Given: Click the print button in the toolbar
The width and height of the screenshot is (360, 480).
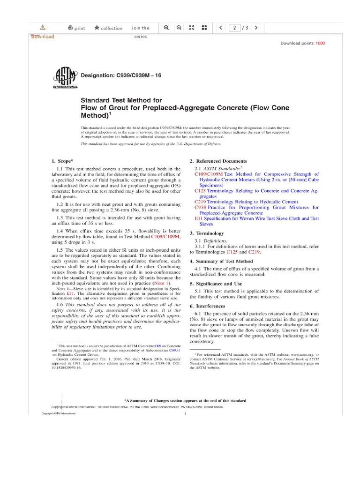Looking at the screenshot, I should pos(76,28).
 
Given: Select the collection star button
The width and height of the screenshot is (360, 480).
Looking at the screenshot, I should pos(108,28).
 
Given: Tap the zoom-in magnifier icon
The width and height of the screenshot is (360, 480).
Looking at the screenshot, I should pos(166,28).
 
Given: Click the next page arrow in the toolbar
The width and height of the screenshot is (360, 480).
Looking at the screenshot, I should pos(256,28).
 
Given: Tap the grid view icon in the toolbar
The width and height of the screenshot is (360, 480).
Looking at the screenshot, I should pos(204,28).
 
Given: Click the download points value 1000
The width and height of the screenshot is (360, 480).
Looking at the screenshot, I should pos(320,43).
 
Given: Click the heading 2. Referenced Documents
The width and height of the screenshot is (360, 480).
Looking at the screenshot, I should pos(218,161).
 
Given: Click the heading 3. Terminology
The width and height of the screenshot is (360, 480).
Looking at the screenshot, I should pos(206,233).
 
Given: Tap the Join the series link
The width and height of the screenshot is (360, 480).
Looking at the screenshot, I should pos(140,28).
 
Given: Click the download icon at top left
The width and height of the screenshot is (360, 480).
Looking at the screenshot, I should pos(43,27).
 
